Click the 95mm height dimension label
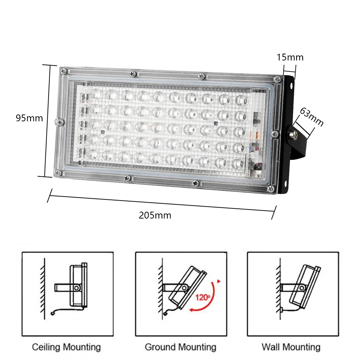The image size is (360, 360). pos(29,118)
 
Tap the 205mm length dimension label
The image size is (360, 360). pos(155,216)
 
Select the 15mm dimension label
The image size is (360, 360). pos(290,57)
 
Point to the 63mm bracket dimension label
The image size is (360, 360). pos(312,117)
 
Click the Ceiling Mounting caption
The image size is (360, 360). pos(66,347)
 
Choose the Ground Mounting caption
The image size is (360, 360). pos(180,347)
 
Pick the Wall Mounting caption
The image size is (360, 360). pos(291,347)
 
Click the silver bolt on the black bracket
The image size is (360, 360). pos(292,135)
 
